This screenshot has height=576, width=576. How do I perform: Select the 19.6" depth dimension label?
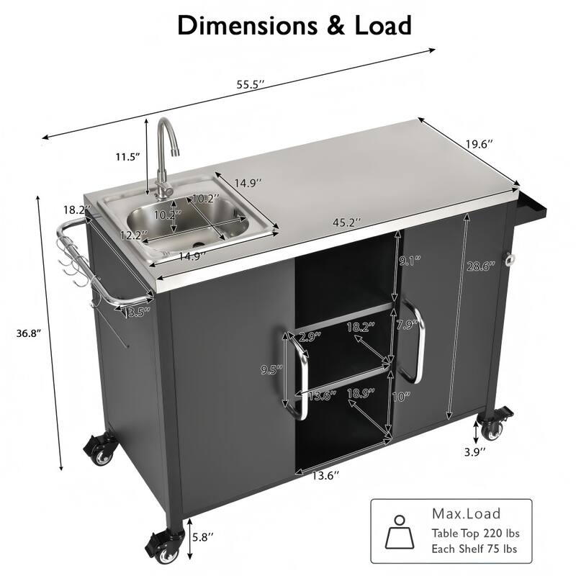point(479,145)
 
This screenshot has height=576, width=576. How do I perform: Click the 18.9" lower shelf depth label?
point(359,393)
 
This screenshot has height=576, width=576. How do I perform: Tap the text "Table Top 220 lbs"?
point(475,534)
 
